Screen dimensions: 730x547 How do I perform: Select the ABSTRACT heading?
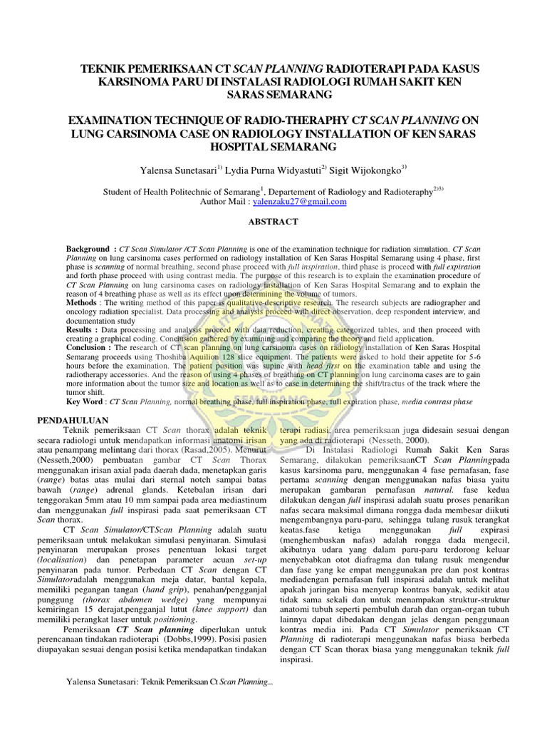pos(273,222)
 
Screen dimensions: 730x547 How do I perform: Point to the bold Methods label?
pos(85,303)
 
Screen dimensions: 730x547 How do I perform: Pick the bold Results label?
pos(82,331)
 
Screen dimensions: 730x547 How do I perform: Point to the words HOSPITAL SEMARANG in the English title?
pos(273,146)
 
